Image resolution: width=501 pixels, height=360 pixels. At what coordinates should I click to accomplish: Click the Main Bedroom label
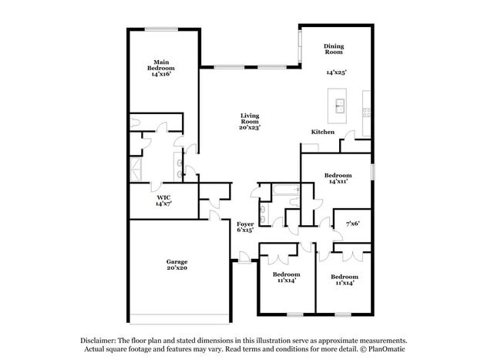tap(161, 65)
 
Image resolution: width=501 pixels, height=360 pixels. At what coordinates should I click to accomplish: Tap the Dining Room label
tap(333, 49)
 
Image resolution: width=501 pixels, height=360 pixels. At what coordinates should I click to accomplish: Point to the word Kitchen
tap(323, 132)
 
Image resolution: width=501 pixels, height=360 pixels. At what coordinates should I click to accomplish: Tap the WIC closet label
tap(163, 197)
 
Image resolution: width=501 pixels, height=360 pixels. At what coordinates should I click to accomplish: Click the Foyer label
tap(245, 224)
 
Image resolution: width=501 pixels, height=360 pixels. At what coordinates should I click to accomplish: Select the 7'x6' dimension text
tap(352, 223)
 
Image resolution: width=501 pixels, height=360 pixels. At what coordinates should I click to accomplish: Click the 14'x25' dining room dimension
tap(336, 72)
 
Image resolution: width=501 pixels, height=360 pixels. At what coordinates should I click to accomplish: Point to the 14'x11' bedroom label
tap(338, 181)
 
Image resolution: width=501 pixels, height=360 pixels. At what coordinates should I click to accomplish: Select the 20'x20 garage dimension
tap(177, 267)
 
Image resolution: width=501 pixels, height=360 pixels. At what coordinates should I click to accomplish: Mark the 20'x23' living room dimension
tap(249, 127)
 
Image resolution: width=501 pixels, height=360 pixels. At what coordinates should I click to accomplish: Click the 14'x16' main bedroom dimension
tap(161, 74)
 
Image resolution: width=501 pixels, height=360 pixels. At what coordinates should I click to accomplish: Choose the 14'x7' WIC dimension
tap(163, 204)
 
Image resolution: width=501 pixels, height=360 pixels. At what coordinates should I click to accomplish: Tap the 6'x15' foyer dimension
tap(245, 230)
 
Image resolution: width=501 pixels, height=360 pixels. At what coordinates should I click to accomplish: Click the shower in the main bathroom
tap(136, 169)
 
